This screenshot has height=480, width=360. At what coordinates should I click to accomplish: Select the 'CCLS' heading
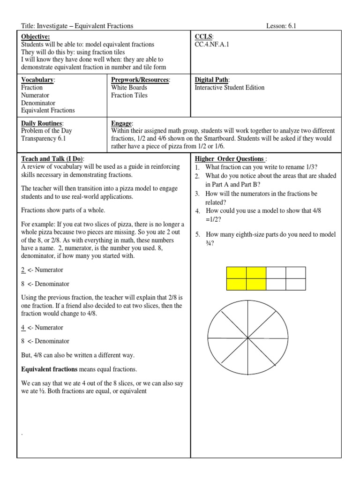(203, 37)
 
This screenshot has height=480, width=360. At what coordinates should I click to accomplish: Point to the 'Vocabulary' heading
(38, 80)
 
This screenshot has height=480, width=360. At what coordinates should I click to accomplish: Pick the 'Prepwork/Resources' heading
(140, 80)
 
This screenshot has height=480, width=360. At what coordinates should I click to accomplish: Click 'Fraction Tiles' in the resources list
(129, 95)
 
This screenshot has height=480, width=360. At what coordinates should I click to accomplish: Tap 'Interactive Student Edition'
(230, 88)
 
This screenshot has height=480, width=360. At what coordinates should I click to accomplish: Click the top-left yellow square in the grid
(236, 273)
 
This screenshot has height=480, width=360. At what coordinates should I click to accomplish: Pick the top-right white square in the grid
(296, 273)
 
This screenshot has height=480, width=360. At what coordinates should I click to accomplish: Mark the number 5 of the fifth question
(198, 234)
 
